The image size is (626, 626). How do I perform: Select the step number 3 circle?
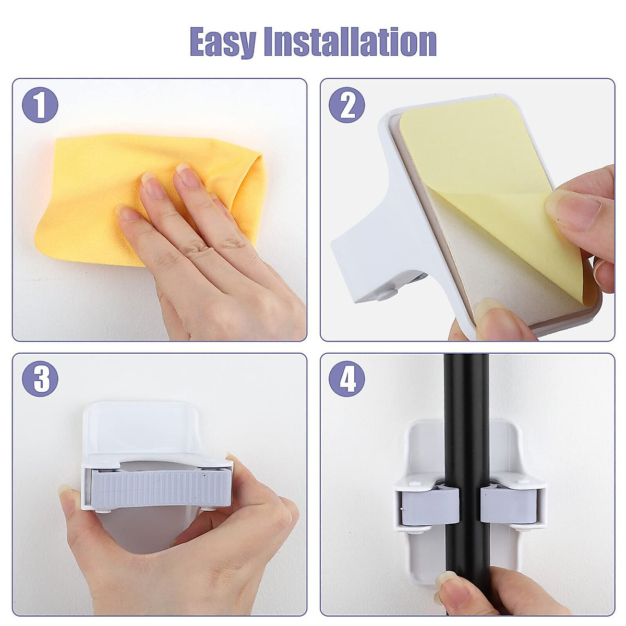(x=40, y=379)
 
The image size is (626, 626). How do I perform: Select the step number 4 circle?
(x=346, y=379)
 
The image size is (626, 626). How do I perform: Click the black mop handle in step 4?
(x=466, y=417)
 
